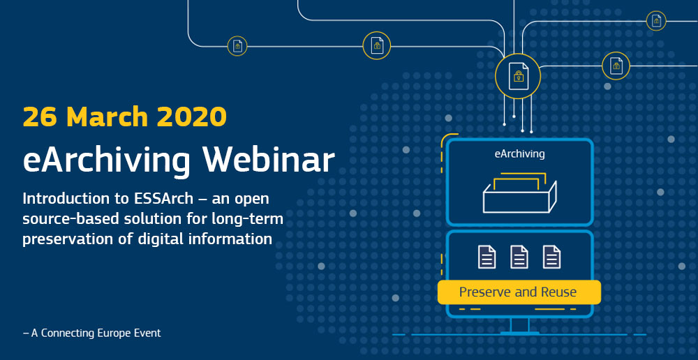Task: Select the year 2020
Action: [x=195, y=116]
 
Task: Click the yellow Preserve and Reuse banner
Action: [x=518, y=292]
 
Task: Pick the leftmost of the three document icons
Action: [x=487, y=257]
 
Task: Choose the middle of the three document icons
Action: [x=519, y=257]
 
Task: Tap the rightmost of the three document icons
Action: [x=551, y=257]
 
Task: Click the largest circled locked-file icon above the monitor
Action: [x=518, y=75]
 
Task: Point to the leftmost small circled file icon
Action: [x=237, y=46]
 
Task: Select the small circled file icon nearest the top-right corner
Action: [x=656, y=21]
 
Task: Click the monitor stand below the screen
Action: [x=520, y=325]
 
